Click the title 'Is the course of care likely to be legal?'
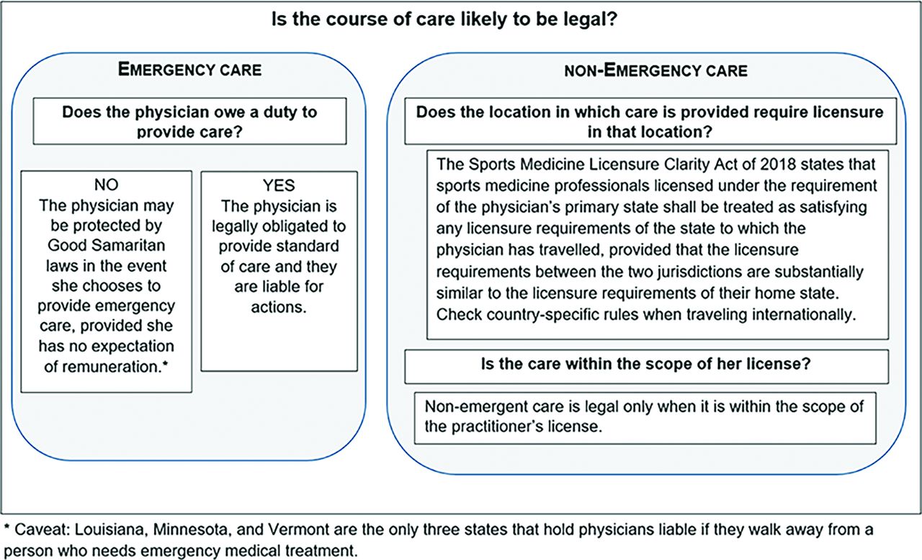[x=444, y=19]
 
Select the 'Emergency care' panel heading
[x=189, y=69]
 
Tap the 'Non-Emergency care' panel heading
[x=655, y=71]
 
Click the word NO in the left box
[x=106, y=185]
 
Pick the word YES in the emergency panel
[x=279, y=185]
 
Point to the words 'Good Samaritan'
[x=106, y=246]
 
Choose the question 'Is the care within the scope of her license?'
[x=646, y=364]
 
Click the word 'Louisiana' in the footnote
[x=111, y=530]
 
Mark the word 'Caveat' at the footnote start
[x=40, y=530]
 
